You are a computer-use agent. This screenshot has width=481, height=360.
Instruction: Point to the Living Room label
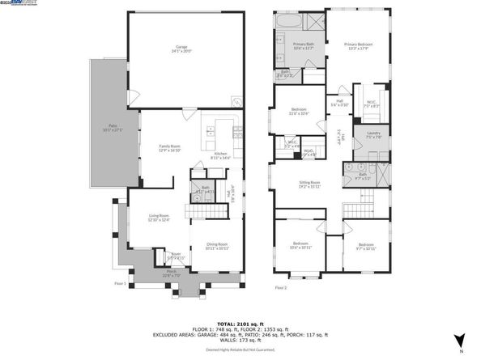pyautogui.click(x=158, y=217)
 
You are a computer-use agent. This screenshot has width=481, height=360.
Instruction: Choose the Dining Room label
pyautogui.click(x=215, y=245)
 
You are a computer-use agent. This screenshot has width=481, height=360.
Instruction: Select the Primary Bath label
pyautogui.click(x=303, y=46)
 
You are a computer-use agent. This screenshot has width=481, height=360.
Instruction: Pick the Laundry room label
pyautogui.click(x=373, y=135)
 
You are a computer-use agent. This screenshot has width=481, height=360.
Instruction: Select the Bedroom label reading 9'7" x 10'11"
pyautogui.click(x=367, y=246)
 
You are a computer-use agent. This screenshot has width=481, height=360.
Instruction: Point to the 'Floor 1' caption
pyautogui.click(x=121, y=283)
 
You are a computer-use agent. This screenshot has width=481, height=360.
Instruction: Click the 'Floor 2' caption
pyautogui.click(x=281, y=287)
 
